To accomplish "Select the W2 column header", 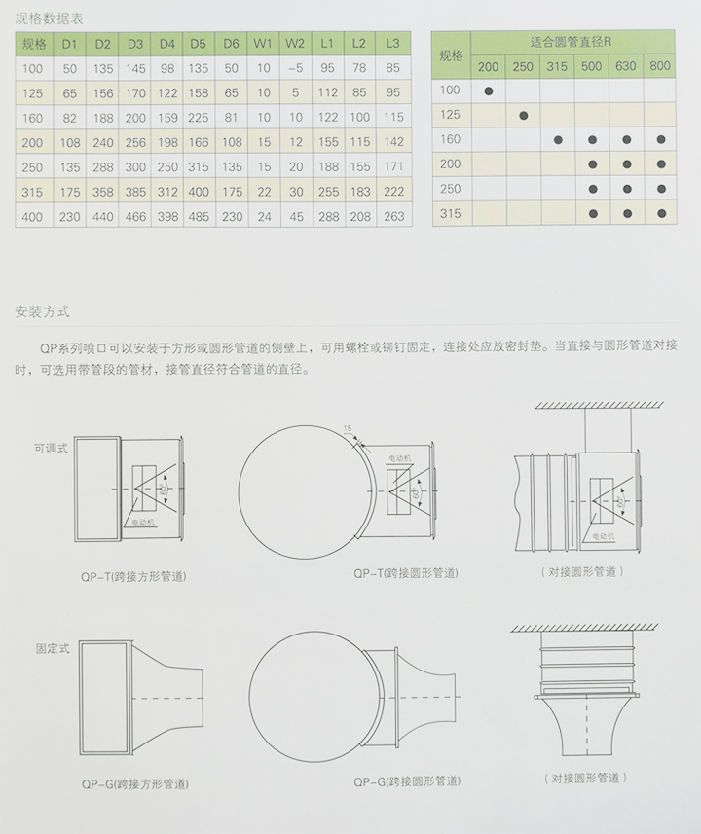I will tap(295, 44).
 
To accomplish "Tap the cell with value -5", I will tap(295, 68).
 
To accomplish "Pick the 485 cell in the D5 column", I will tap(199, 217).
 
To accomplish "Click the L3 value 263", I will tap(392, 217).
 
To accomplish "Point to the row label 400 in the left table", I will tap(32, 217).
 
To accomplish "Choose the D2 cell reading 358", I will tap(102, 193).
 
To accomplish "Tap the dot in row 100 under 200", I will tap(488, 91).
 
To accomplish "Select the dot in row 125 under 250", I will tap(523, 115).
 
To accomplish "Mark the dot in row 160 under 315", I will tap(558, 139).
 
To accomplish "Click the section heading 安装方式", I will tap(42, 312).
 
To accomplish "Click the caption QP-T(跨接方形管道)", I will tap(134, 576).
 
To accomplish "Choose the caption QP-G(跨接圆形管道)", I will tap(407, 781).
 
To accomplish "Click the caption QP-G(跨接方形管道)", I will tap(134, 782).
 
